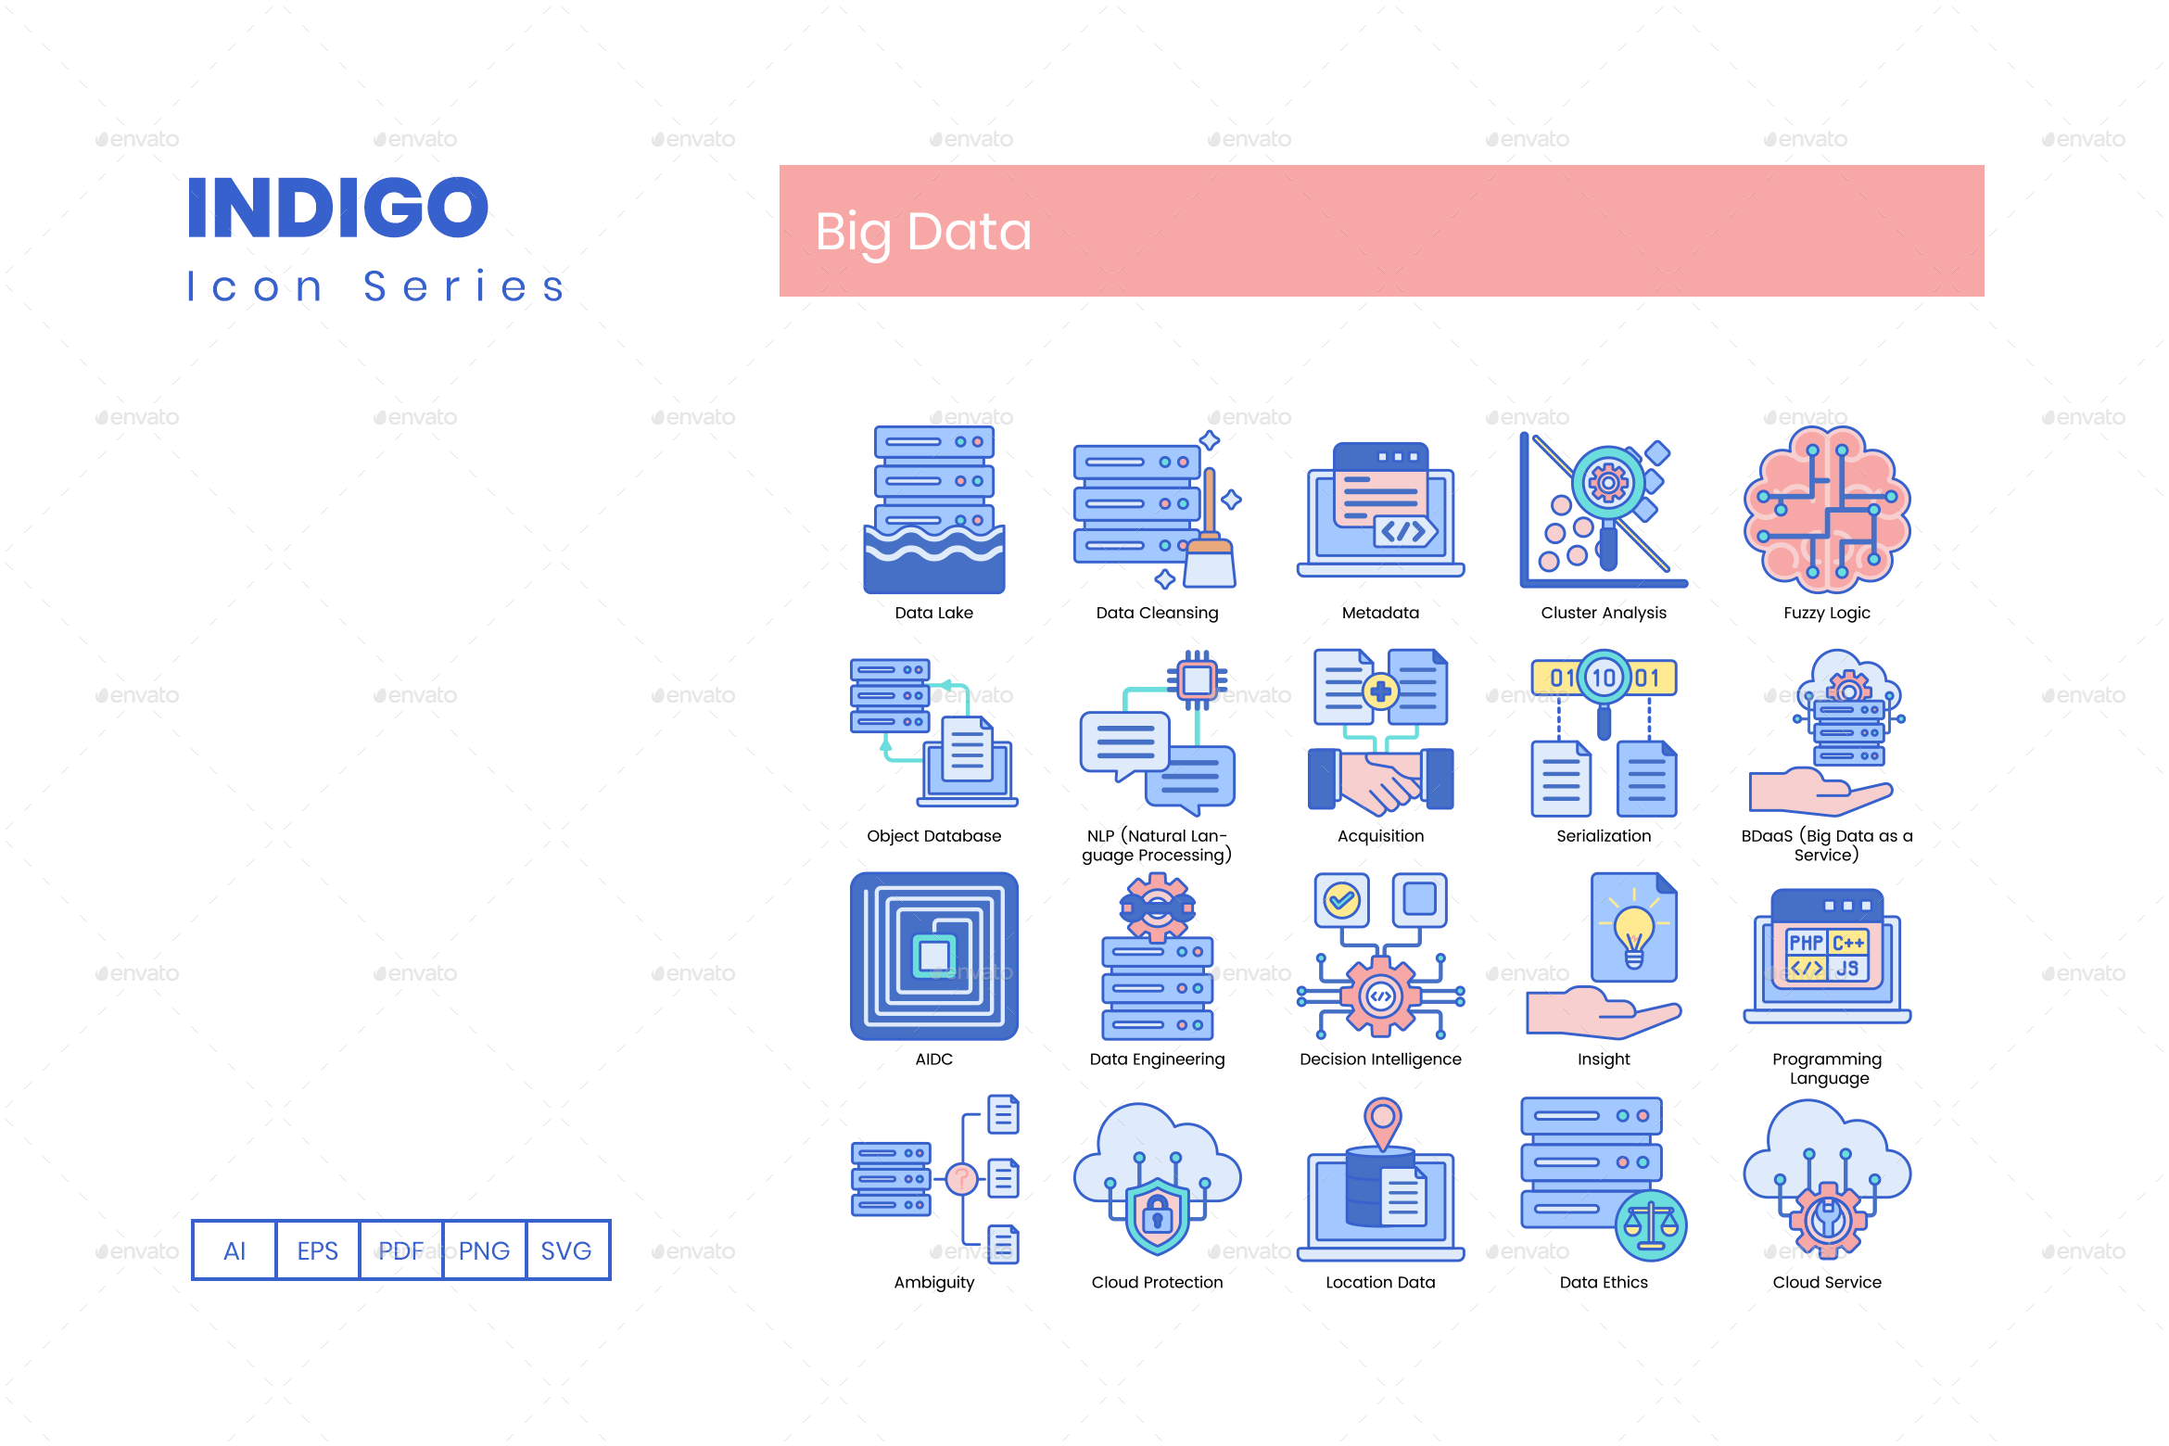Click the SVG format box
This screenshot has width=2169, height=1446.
[x=566, y=1250]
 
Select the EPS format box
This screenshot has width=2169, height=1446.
[x=317, y=1250]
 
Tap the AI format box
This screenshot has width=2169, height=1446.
[x=235, y=1250]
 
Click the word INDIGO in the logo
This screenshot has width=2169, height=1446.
[x=337, y=208]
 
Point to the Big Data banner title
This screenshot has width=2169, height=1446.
[x=923, y=232]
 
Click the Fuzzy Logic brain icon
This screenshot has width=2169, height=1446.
[x=1826, y=510]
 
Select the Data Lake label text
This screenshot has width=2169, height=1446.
[x=933, y=613]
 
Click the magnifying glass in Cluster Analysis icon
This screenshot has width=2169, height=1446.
[x=1608, y=491]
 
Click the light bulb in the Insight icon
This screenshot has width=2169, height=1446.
[x=1633, y=932]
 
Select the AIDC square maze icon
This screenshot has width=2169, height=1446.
[x=934, y=956]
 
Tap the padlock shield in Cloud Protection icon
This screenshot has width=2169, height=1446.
[x=1157, y=1214]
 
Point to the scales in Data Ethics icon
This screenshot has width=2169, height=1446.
[x=1651, y=1225]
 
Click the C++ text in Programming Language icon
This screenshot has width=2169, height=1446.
[x=1848, y=943]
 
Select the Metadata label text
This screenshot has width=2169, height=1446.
[x=1380, y=613]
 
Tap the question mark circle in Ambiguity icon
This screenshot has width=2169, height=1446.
[x=962, y=1179]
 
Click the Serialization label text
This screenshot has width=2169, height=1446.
[x=1604, y=836]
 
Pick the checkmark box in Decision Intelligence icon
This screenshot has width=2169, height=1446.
[x=1341, y=899]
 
